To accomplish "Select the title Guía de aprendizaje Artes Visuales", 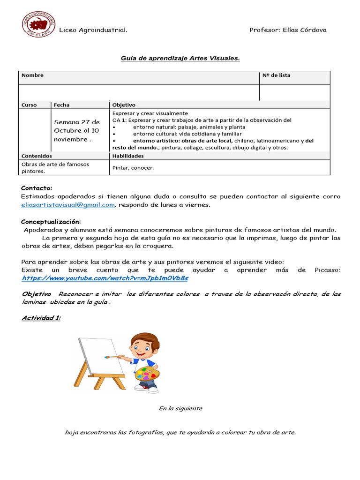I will click(180, 58).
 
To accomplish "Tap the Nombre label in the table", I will click(32, 75).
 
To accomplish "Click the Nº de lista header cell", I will click(276, 75).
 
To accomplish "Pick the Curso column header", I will click(29, 105).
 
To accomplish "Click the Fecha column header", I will click(61, 105).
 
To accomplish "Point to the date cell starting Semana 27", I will click(76, 131).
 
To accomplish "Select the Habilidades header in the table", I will click(127, 156).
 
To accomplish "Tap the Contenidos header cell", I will click(37, 156).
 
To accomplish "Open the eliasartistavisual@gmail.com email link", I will click(68, 205).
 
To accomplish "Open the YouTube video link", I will click(105, 278).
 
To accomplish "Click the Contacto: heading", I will click(37, 188).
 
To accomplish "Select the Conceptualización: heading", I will click(51, 221).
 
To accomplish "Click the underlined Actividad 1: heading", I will click(41, 318).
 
